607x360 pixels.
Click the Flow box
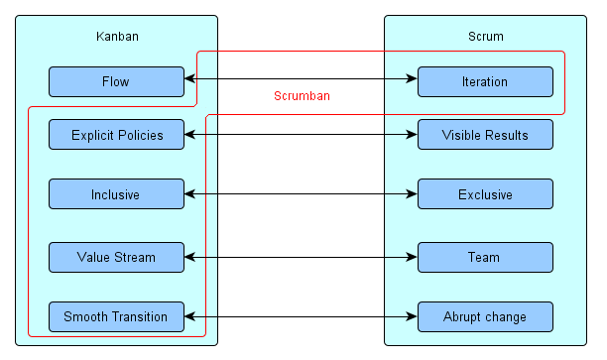coord(116,81)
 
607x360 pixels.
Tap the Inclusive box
coord(116,194)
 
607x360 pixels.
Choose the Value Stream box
coord(116,257)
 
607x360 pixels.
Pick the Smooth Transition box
coord(116,316)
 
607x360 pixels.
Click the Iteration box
coord(485,81)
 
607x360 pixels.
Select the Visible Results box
coord(485,134)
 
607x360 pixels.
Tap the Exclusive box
coord(485,194)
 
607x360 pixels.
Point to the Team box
coord(485,257)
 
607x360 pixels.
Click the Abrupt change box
coord(485,316)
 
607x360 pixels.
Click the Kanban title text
coord(116,37)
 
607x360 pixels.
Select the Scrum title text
coord(485,37)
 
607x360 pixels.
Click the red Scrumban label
coord(302,96)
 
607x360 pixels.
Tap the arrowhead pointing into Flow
coord(189,79)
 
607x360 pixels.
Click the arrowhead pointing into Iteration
coord(412,79)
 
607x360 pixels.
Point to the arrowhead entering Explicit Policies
coord(189,133)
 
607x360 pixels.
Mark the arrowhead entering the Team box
coord(412,257)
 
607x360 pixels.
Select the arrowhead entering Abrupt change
coord(412,317)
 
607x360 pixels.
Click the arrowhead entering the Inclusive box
coord(189,194)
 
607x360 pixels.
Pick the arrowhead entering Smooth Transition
coord(189,317)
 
